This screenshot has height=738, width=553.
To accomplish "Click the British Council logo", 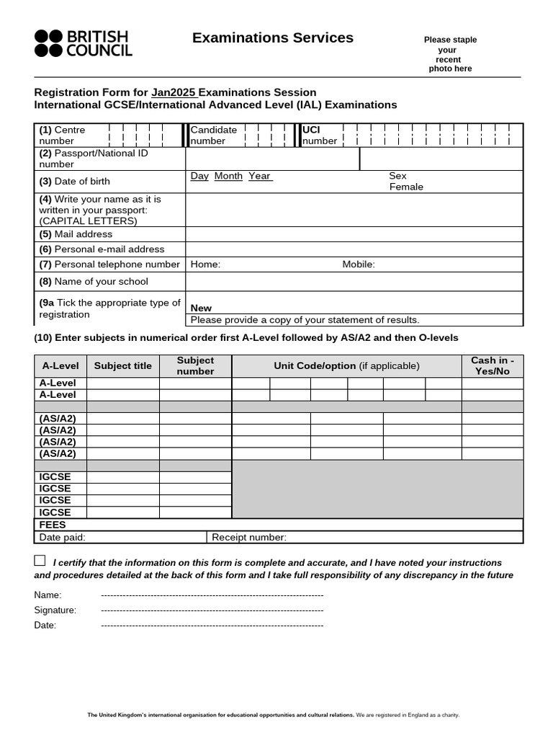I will (x=83, y=43).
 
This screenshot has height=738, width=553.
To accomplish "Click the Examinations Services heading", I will (x=273, y=38).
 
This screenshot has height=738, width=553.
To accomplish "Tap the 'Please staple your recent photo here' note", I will (x=450, y=54).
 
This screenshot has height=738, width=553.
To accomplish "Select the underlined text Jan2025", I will (x=174, y=92).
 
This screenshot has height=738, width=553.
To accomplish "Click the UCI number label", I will (x=319, y=135).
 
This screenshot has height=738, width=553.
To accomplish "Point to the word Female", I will (x=406, y=187).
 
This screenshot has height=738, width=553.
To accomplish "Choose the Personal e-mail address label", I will (x=102, y=249).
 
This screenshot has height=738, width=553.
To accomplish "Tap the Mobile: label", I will (x=359, y=264).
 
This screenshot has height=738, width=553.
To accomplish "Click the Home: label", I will (x=205, y=264).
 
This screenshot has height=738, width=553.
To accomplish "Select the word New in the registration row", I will (x=201, y=308).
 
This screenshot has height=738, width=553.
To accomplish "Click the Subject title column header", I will (x=123, y=365).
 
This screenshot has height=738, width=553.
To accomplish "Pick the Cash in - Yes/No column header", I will (x=492, y=365).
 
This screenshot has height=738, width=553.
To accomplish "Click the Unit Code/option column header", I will (x=346, y=365).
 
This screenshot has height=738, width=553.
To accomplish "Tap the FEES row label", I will (x=53, y=525).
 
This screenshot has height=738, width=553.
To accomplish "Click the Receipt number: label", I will (x=249, y=537).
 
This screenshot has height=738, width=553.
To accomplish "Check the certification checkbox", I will (x=40, y=561).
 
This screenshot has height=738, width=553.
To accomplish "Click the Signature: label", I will (x=55, y=610).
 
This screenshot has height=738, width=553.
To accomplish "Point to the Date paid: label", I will (x=63, y=537).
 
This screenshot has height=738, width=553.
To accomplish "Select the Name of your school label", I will (x=94, y=281).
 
